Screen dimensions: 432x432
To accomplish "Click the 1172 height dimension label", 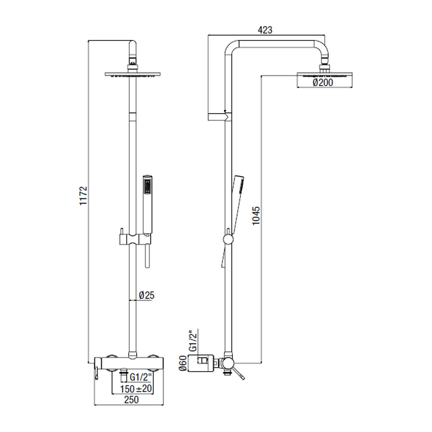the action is (x=83, y=196).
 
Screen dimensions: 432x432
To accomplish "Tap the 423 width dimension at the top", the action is (x=265, y=30).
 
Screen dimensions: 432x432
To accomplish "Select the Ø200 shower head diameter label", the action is (x=323, y=82).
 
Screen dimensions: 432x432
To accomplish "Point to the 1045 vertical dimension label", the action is (x=256, y=216).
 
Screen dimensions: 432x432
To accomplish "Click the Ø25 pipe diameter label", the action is (x=146, y=296).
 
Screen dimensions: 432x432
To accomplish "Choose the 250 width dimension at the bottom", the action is (x=131, y=400).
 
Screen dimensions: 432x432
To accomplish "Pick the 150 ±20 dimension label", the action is (x=136, y=389).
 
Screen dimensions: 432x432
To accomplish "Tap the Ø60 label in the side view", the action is (x=183, y=363).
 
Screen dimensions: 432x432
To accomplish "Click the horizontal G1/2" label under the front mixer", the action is (x=141, y=376).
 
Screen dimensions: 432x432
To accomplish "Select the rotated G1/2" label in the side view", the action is (x=194, y=340).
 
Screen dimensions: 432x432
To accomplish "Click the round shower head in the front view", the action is (x=133, y=74).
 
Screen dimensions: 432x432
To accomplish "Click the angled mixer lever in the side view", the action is (x=238, y=374).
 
